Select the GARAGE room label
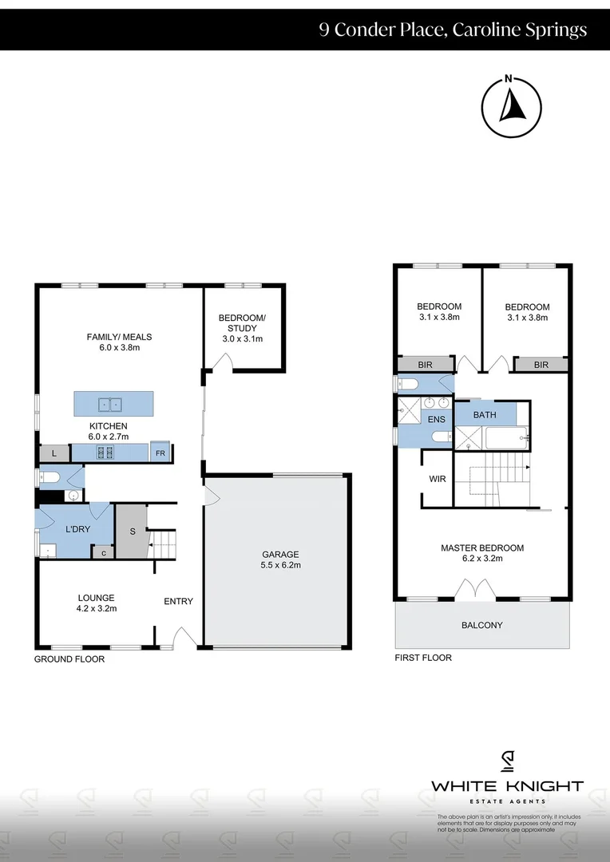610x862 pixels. [x=281, y=554]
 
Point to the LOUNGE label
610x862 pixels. [x=97, y=597]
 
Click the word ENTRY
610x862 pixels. [x=178, y=601]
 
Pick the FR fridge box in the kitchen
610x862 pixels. [x=160, y=453]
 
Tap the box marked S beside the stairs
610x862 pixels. [x=132, y=532]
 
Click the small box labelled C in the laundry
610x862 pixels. [x=104, y=552]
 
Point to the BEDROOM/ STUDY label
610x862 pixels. [x=242, y=323]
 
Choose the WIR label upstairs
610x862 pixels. [x=437, y=479]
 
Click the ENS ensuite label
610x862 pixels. [x=436, y=418]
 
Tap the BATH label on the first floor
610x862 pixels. [x=485, y=415]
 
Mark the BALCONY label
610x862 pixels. [x=482, y=625]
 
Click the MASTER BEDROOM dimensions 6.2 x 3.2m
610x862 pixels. [x=482, y=559]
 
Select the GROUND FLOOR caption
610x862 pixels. [x=69, y=659]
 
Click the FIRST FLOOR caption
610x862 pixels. [x=423, y=658]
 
